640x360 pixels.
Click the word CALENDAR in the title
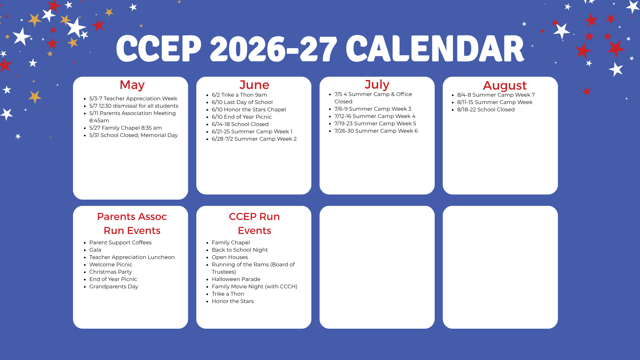pyautogui.click(x=435, y=49)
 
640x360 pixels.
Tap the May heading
pyautogui.click(x=132, y=85)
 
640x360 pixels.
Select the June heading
pyautogui.click(x=254, y=85)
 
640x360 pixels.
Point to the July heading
pyautogui.click(x=377, y=85)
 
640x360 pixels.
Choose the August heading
pyautogui.click(x=505, y=86)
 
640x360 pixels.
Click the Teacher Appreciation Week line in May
pyautogui.click(x=133, y=98)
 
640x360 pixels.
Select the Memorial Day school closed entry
pyautogui.click(x=133, y=135)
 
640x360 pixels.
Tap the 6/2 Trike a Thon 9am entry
pyautogui.click(x=239, y=95)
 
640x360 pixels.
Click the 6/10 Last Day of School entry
pyautogui.click(x=242, y=102)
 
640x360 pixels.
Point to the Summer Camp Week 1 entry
pyautogui.click(x=252, y=131)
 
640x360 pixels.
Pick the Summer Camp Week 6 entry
pyautogui.click(x=376, y=131)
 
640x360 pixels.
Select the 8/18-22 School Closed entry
pyautogui.click(x=486, y=109)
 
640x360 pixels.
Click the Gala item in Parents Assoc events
pyautogui.click(x=95, y=250)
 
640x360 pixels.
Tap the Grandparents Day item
pyautogui.click(x=114, y=286)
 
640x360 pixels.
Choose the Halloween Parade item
pyautogui.click(x=236, y=279)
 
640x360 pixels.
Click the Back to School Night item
pyautogui.click(x=240, y=250)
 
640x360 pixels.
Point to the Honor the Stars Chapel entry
pyautogui.click(x=249, y=109)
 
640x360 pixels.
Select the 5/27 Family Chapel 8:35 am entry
pyautogui.click(x=125, y=128)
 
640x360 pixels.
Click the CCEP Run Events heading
pyautogui.click(x=254, y=223)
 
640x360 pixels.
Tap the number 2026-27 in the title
pyautogui.click(x=273, y=49)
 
